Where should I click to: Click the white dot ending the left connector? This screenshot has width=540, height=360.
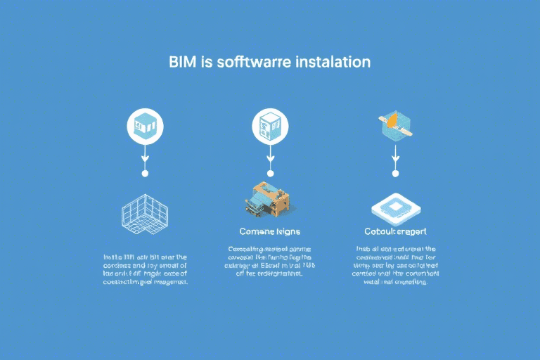tap(145, 172)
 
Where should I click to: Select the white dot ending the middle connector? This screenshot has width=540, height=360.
tap(270, 172)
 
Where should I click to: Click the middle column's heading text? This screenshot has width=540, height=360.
tap(270, 231)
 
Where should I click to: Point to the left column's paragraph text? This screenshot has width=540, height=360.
tap(145, 269)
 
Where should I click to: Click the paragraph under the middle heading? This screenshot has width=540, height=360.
tap(270, 262)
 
